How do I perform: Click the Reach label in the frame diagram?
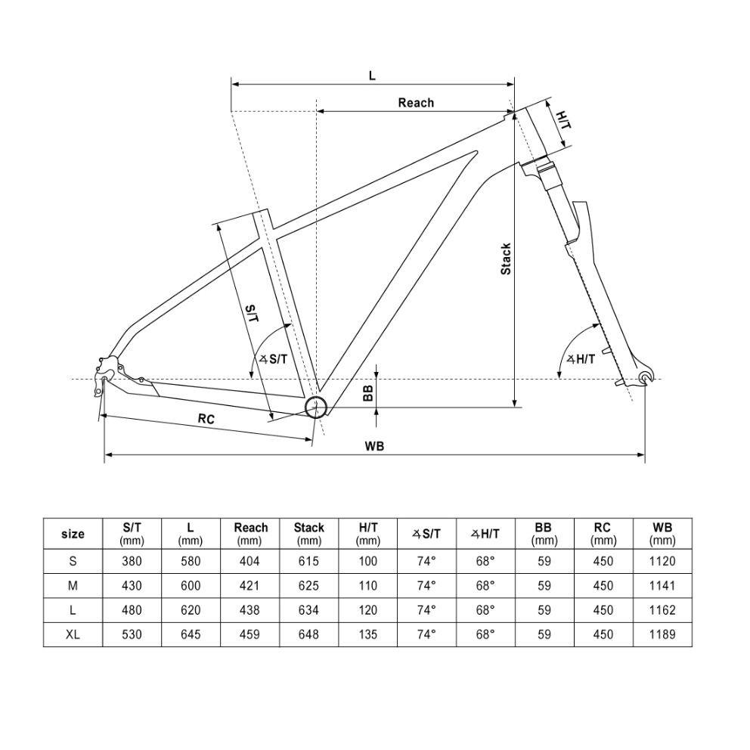(416, 103)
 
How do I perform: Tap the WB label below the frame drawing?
(374, 446)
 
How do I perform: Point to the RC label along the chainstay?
(206, 419)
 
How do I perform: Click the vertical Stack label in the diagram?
(506, 259)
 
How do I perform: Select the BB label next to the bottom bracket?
(368, 393)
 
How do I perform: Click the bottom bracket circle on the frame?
(316, 407)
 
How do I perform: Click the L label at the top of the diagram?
(372, 76)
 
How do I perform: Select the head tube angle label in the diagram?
(581, 359)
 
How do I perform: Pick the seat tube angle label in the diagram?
(274, 359)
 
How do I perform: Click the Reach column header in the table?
(251, 534)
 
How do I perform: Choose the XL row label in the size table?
(73, 635)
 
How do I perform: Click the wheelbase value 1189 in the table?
(662, 635)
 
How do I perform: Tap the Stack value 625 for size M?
(308, 586)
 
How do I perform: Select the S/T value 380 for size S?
(132, 561)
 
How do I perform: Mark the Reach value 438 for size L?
(249, 610)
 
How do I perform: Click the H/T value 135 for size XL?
(368, 635)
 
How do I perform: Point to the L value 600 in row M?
(191, 586)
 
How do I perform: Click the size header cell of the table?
(73, 534)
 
